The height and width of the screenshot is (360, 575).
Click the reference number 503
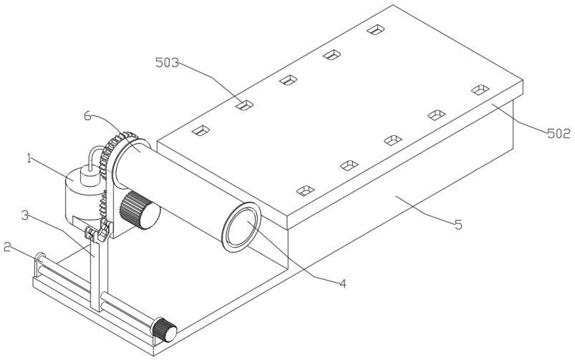click(168, 62)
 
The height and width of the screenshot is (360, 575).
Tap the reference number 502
click(556, 132)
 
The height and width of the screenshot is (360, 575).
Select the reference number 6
click(88, 116)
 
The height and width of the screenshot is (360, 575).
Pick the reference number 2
click(6, 247)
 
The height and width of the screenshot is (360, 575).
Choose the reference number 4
click(342, 283)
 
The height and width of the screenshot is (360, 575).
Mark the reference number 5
click(458, 224)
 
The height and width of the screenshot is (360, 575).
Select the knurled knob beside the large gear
click(139, 210)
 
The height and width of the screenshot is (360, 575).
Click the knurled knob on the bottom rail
click(165, 331)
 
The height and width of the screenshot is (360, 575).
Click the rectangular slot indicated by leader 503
click(245, 105)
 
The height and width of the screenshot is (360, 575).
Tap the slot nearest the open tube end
click(306, 190)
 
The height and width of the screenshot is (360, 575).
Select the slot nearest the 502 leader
click(480, 89)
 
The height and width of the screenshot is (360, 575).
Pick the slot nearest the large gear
click(201, 130)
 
